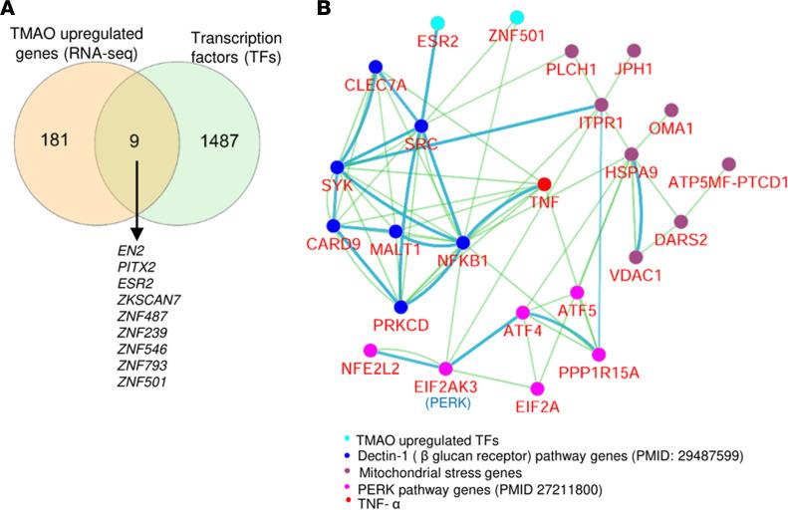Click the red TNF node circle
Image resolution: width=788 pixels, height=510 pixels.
pyautogui.click(x=544, y=184)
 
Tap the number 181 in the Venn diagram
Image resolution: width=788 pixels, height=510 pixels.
pyautogui.click(x=53, y=141)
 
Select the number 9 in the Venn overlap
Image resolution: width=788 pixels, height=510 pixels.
pyautogui.click(x=133, y=141)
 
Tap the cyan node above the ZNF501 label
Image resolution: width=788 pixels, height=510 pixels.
pyautogui.click(x=517, y=17)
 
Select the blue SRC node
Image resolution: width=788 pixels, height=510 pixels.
pyautogui.click(x=421, y=126)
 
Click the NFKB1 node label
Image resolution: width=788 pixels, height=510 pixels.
pyautogui.click(x=465, y=262)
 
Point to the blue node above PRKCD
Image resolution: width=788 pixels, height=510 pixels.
pyautogui.click(x=400, y=307)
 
